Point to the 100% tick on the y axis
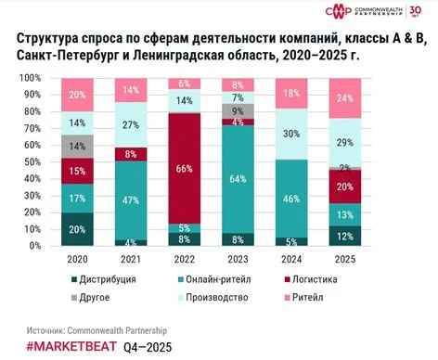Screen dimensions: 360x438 tap(32, 77)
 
